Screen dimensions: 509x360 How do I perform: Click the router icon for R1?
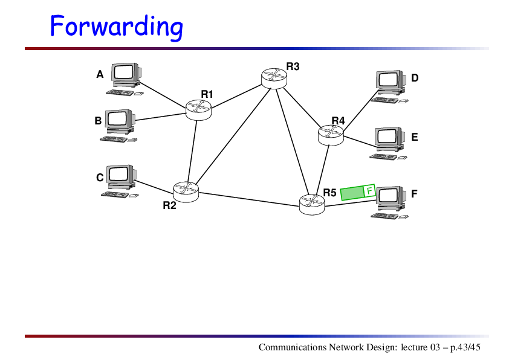coord(198,110)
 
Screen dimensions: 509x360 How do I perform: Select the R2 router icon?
coord(186,191)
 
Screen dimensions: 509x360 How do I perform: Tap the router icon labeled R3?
coord(274,78)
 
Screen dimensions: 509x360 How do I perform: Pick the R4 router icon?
coord(331,135)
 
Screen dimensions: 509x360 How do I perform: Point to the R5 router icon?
coord(312,204)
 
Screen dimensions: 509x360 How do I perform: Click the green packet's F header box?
coord(369,190)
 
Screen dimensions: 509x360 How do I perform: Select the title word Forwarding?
coord(117,27)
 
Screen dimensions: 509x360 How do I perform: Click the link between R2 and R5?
coord(248,199)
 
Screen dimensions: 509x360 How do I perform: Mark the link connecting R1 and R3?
coord(236,96)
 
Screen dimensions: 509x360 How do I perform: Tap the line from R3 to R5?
coord(292,142)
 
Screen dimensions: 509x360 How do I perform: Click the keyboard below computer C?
coord(115,194)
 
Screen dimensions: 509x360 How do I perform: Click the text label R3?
coord(293,66)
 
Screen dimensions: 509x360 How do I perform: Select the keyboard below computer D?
coord(384,100)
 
